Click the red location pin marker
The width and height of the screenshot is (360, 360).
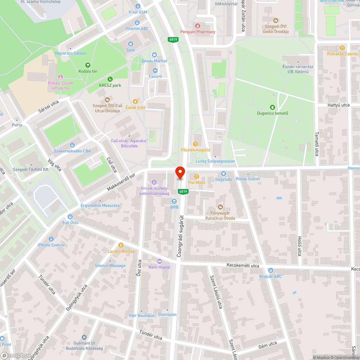pyautogui.click(x=180, y=173)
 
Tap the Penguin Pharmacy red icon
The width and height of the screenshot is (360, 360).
pyautogui.click(x=197, y=26)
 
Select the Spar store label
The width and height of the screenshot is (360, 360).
pyautogui.click(x=131, y=50)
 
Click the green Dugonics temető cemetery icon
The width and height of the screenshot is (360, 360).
pyautogui.click(x=272, y=107)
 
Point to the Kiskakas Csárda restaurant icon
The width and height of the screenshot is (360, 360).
pyautogui.click(x=342, y=48)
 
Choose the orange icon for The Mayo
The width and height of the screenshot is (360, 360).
pyautogui.click(x=197, y=176)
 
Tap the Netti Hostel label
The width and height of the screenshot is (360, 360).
pyautogui.click(x=159, y=267)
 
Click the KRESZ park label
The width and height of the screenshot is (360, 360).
pyautogui.click(x=110, y=85)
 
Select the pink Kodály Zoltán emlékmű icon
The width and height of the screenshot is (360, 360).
pyautogui.click(x=60, y=77)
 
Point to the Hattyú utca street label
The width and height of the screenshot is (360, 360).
pyautogui.click(x=338, y=105)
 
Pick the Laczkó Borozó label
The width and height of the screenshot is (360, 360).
pyautogui.click(x=121, y=251)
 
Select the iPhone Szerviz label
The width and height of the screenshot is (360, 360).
pyautogui.click(x=51, y=245)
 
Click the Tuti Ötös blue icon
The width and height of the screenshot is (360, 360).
pyautogui.click(x=70, y=217)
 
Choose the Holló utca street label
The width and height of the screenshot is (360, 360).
pyautogui.click(x=299, y=246)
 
